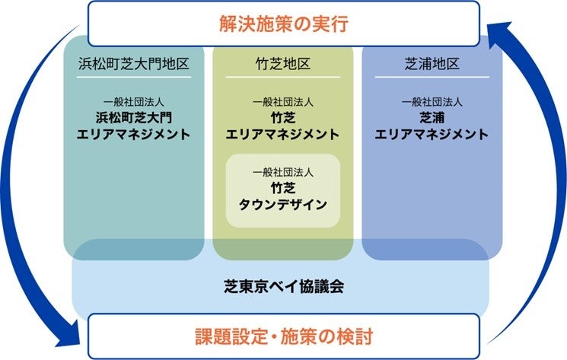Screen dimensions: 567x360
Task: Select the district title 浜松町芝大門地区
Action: [x=133, y=64]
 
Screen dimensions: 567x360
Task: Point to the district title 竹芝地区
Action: [x=282, y=64]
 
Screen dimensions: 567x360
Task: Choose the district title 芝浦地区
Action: [x=432, y=64]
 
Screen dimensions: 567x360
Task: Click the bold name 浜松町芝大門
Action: [x=133, y=117]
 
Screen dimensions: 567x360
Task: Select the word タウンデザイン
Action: [x=282, y=204]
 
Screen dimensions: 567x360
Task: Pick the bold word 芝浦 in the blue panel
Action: [x=432, y=117]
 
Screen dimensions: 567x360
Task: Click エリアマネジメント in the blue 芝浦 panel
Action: [x=432, y=134]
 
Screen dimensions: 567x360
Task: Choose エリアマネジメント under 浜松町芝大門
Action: [x=133, y=134]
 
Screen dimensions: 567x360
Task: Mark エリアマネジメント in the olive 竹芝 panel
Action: [x=282, y=134]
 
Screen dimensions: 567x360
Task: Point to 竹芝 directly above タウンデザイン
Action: [x=282, y=187]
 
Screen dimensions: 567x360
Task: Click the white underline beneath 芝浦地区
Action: [x=432, y=77]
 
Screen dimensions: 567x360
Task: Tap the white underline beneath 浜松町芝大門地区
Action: [x=133, y=77]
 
